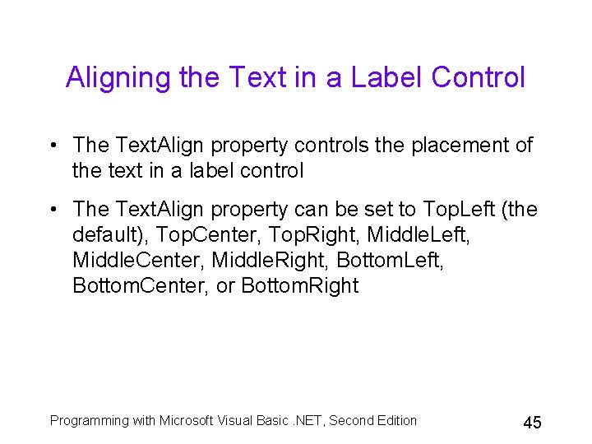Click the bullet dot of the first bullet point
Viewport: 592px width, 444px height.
coord(53,146)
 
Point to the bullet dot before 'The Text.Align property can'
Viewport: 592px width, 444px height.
coord(53,210)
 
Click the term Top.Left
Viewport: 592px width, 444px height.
coord(458,210)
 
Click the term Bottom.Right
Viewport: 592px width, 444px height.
coord(300,286)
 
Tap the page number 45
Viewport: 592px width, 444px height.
coord(532,423)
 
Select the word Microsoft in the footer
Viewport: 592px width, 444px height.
coord(187,421)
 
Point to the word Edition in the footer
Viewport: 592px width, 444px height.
coord(395,421)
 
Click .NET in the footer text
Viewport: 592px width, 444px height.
coord(306,421)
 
